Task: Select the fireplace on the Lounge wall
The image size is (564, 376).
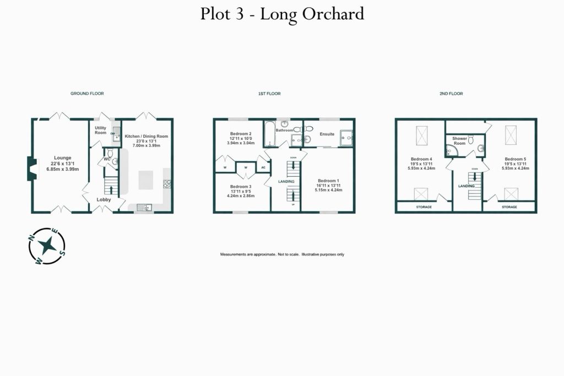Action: coord(31,169)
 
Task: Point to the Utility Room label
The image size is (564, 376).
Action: coord(100,130)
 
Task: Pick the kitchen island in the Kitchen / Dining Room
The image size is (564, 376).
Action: coord(145,179)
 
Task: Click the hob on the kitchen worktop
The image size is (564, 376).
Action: coord(166,184)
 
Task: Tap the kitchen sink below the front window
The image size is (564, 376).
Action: coord(144,207)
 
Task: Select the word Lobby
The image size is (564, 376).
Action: coord(104,199)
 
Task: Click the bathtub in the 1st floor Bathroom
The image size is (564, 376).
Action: coord(269,134)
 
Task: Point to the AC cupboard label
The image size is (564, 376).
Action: coord(263,167)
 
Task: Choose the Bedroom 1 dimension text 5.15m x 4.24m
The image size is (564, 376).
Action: coord(328,190)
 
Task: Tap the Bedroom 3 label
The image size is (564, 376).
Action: coord(241,186)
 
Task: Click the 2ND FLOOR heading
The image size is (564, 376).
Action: coord(451,94)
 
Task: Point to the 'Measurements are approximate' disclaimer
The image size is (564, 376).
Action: coord(282,254)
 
